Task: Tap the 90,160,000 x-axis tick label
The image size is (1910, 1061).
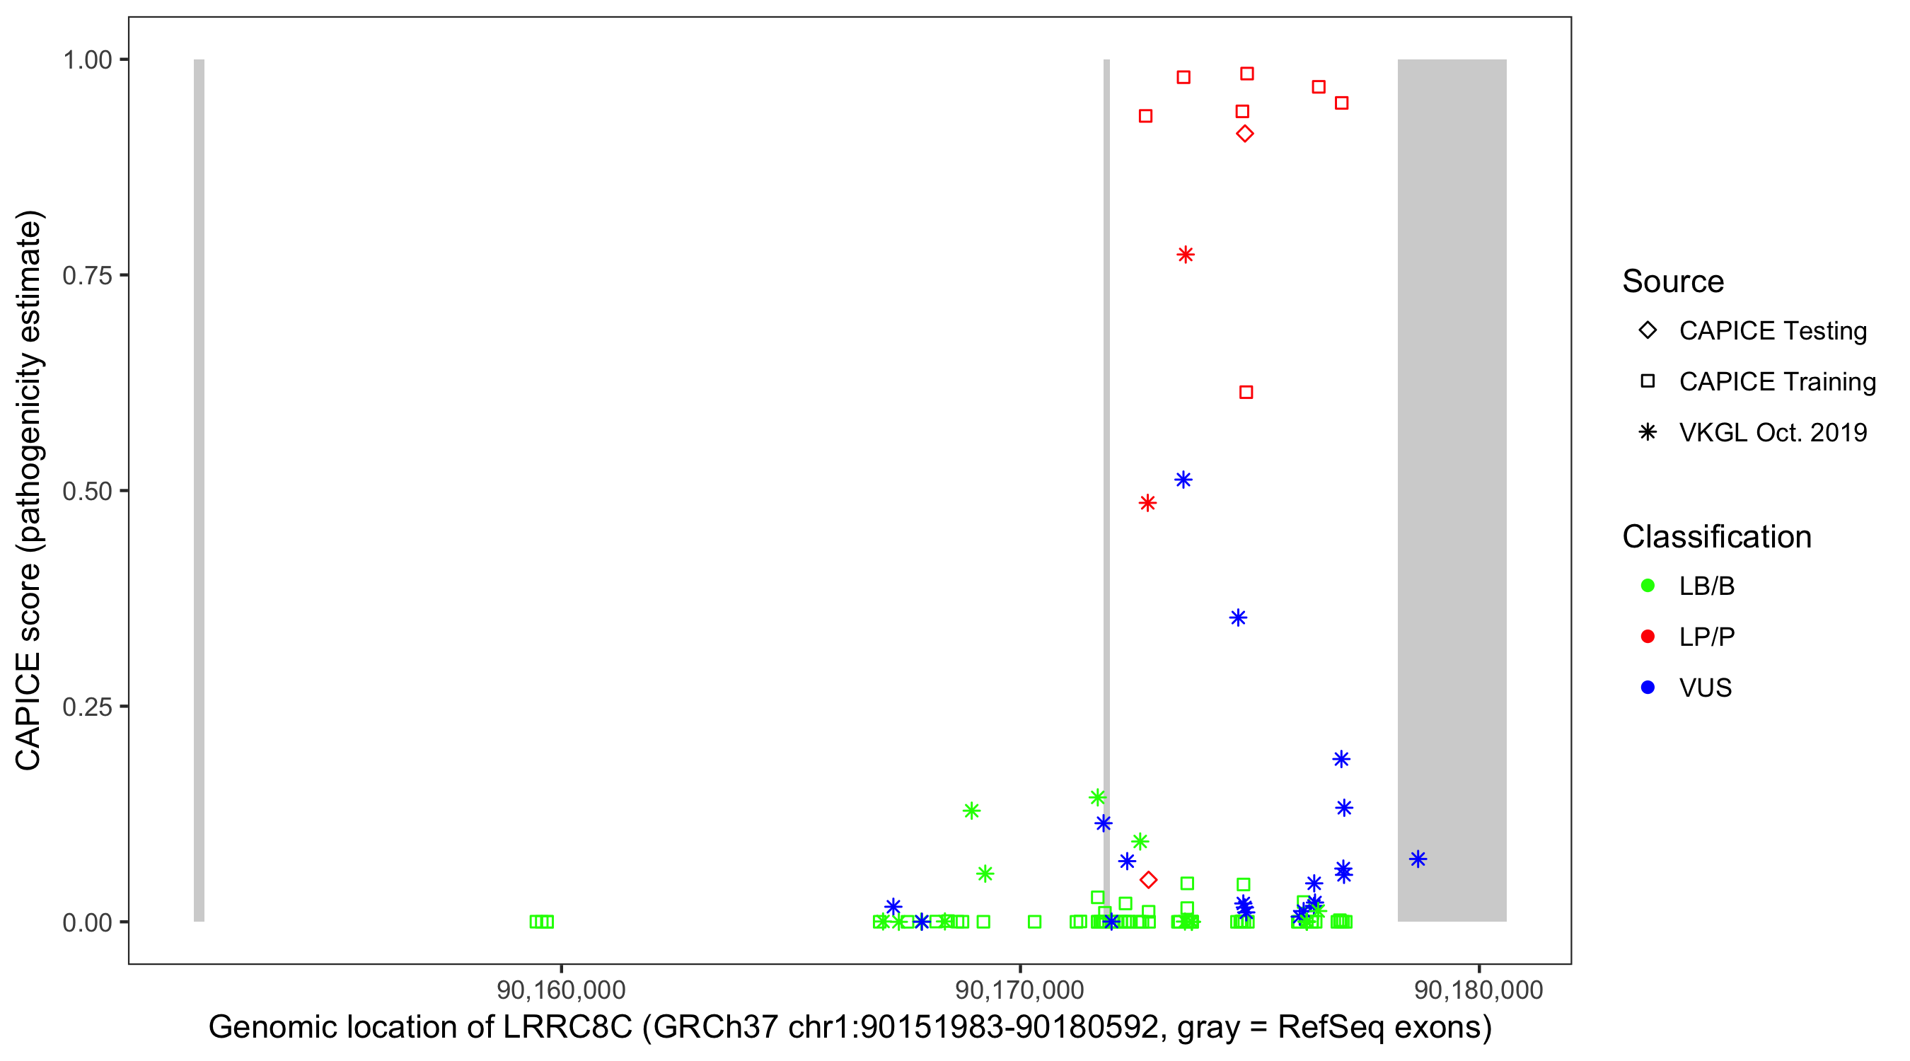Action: (x=560, y=990)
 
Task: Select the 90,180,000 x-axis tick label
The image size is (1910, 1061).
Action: (x=1478, y=990)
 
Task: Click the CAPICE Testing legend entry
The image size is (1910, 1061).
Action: (x=1772, y=331)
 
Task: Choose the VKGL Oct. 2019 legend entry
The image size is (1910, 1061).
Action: (x=1772, y=432)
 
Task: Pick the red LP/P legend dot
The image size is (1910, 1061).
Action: (x=1648, y=637)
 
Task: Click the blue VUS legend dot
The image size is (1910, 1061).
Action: (x=1648, y=688)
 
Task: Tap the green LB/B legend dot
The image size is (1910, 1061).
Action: (x=1648, y=586)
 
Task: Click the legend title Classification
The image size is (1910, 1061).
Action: (x=1716, y=537)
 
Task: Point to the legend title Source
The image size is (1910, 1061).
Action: (x=1673, y=282)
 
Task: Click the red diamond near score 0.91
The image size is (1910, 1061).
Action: (x=1245, y=134)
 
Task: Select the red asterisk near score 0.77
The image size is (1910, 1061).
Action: (x=1186, y=255)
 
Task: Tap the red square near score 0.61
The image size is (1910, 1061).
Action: (x=1246, y=393)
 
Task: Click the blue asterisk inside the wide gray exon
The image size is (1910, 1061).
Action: (x=1418, y=859)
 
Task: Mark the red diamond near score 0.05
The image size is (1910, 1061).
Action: (x=1149, y=880)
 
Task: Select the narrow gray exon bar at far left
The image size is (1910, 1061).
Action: (x=199, y=489)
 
